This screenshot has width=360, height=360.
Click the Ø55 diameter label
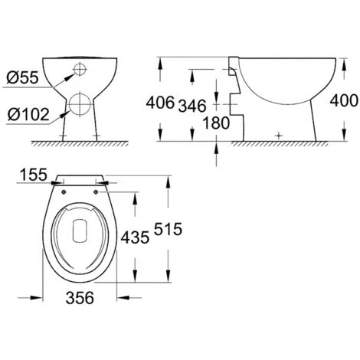(21, 77)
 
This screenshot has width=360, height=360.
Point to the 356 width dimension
(79, 299)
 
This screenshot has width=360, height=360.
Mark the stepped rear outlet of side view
(234, 100)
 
